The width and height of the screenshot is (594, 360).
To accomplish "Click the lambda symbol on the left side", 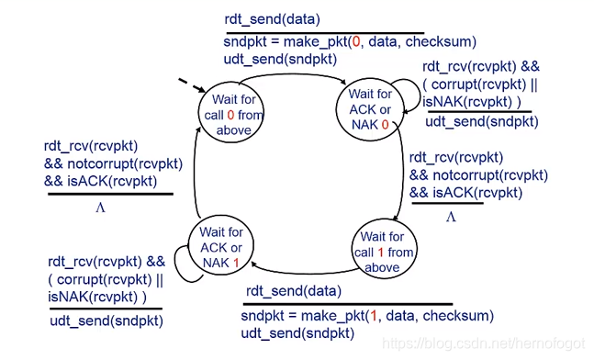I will (x=101, y=208).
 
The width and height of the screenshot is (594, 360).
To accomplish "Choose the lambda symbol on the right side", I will (x=451, y=217).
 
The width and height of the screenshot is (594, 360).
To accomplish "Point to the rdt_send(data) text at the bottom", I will (x=291, y=291).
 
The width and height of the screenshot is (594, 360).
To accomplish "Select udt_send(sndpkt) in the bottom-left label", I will (x=106, y=321).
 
